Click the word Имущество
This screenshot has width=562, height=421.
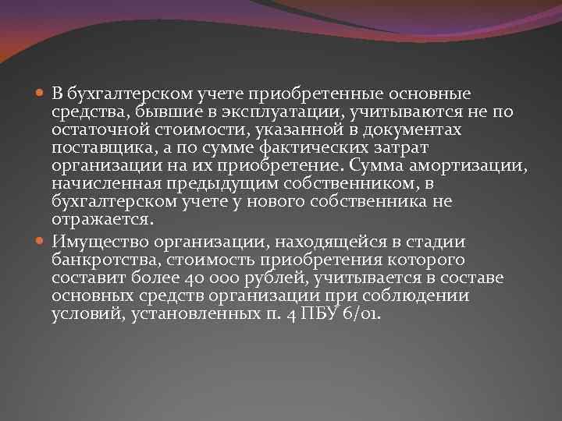(95, 242)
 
